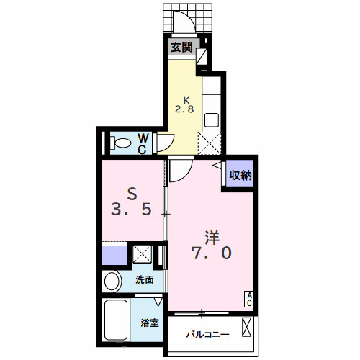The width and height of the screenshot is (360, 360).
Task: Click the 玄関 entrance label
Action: pos(181,48)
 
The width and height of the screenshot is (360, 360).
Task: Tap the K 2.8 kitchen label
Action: pos(184,105)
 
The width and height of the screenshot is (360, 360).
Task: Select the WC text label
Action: pos(143,144)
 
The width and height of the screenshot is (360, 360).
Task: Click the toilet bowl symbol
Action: pos(121,143)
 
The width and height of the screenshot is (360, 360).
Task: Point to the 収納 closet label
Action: pos(240,175)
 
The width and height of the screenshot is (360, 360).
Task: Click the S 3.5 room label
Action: pos(132,202)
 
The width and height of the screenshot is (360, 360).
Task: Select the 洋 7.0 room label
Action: pos(211,245)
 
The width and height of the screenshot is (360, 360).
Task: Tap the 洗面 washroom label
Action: pos(145,279)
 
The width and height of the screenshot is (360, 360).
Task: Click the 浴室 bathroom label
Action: pos(150,323)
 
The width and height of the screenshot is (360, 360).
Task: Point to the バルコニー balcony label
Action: pos(207,334)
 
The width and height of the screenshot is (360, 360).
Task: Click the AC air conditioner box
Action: pos(249,299)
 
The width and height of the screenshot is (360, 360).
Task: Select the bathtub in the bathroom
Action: pos(116,320)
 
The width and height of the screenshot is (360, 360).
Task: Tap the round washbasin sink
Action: pos(112,281)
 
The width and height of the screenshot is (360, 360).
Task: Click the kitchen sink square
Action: pos(212,120)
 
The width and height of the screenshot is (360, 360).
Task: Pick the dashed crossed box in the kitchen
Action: pos(210,143)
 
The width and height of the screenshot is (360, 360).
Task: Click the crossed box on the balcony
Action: pos(246,327)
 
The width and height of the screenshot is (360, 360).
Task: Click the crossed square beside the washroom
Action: pos(143,253)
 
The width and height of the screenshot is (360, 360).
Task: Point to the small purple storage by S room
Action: pos(114,256)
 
